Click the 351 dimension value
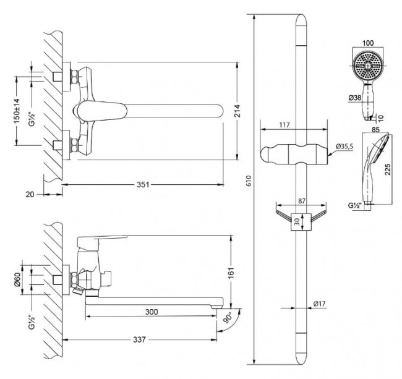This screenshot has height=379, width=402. click(x=143, y=184)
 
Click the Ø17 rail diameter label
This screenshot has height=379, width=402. click(x=319, y=304)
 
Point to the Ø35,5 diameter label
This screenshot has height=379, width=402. click(x=344, y=147)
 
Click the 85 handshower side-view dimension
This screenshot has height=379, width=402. click(x=375, y=130)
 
